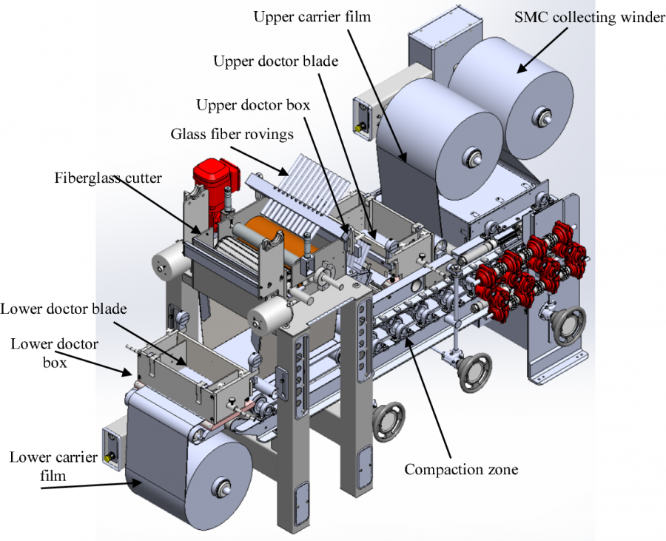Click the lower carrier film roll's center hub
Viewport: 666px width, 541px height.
point(220,486)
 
